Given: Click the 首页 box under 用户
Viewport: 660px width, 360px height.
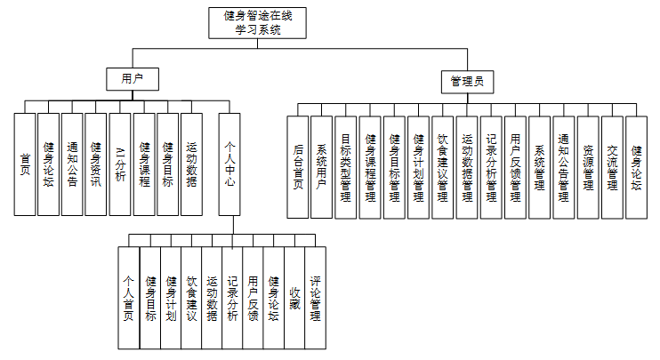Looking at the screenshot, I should [x=25, y=164].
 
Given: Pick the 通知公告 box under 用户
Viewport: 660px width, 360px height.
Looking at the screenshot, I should [x=73, y=164].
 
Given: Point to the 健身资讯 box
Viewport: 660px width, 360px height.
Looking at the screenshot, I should [x=96, y=164].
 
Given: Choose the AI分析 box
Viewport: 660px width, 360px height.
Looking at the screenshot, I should [x=120, y=164].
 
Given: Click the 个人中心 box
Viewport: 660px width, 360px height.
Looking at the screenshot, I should [x=229, y=164].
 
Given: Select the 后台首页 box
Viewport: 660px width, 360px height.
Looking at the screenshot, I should [x=298, y=167].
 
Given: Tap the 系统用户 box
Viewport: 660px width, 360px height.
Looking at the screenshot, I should [x=322, y=167].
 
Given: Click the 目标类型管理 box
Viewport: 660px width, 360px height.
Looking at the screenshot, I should [x=346, y=167].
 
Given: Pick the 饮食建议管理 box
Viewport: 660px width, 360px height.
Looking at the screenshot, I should [x=443, y=167].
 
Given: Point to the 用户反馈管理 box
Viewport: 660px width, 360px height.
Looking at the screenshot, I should [x=515, y=167].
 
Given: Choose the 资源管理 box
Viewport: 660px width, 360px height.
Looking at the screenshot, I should [x=588, y=167].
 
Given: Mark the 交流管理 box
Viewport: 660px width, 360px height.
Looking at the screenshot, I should [x=612, y=167].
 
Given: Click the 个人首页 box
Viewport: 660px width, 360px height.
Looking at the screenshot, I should [x=129, y=297].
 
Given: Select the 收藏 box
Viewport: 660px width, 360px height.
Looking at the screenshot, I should [x=294, y=297].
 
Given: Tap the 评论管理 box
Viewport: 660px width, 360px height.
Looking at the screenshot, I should [x=316, y=297].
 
